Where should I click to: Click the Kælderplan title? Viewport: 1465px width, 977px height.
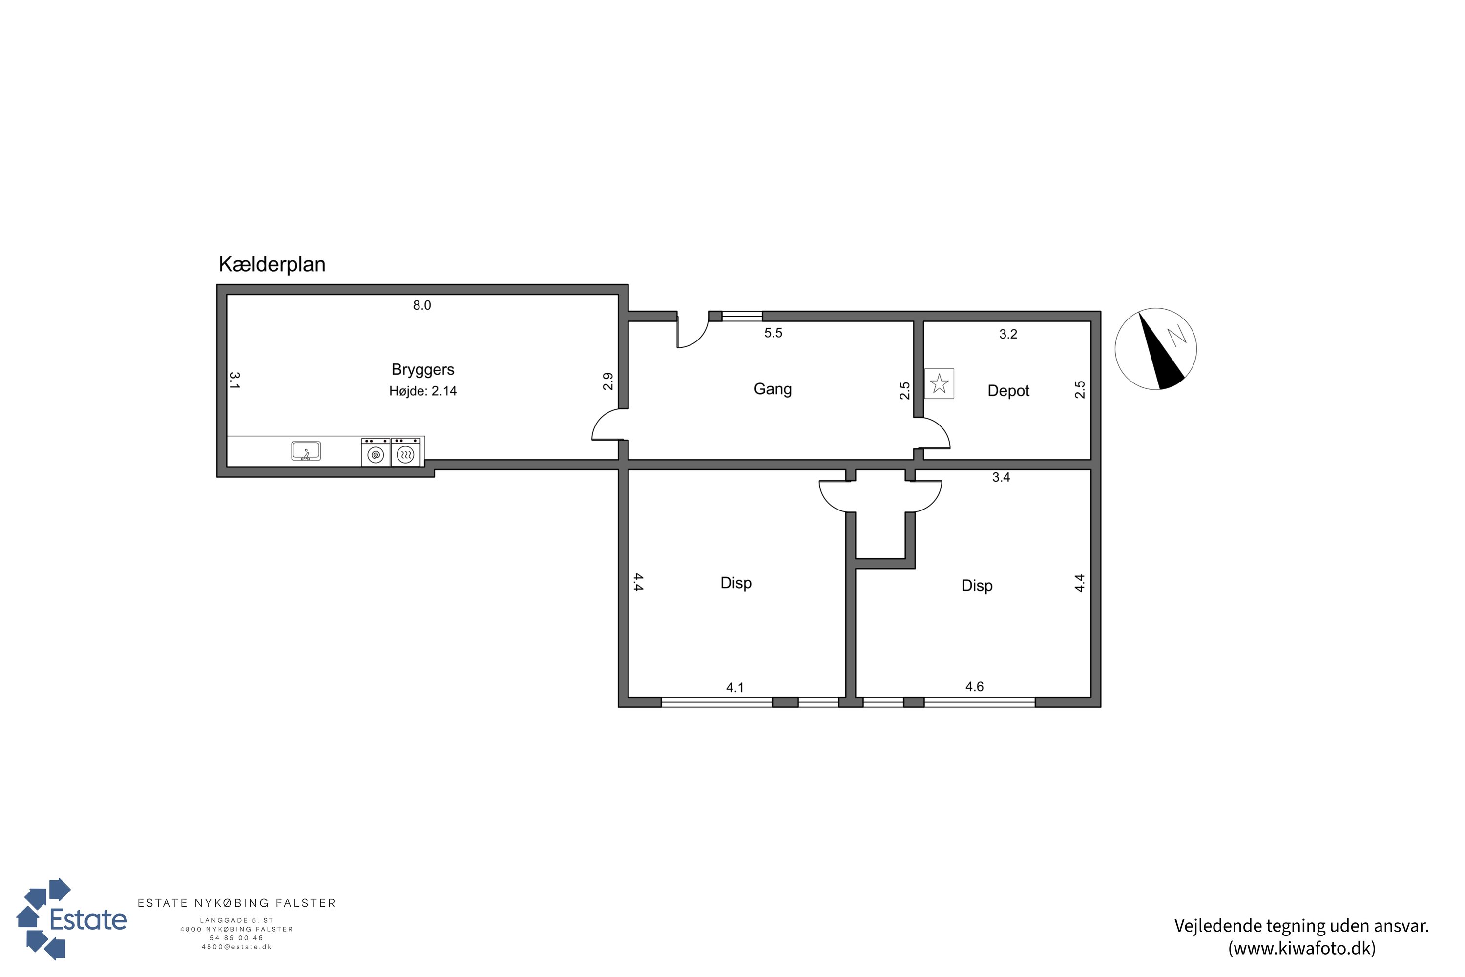click(x=272, y=264)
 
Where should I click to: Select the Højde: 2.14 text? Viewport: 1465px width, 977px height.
click(x=423, y=391)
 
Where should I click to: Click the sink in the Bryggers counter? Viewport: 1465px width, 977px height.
click(x=306, y=450)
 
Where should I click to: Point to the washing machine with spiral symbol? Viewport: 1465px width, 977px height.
click(x=376, y=452)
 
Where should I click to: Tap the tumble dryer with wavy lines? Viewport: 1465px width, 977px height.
click(x=405, y=452)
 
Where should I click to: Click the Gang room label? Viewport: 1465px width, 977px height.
click(x=773, y=389)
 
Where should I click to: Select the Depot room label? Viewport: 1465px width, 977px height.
click(x=1008, y=391)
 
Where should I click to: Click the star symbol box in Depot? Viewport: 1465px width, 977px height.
click(x=939, y=384)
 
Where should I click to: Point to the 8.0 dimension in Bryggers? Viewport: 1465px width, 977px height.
click(x=422, y=305)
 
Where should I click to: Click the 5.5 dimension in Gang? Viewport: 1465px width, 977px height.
click(x=773, y=333)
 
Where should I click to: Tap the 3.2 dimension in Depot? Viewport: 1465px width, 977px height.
click(x=1008, y=335)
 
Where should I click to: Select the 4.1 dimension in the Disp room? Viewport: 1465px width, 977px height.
click(x=735, y=688)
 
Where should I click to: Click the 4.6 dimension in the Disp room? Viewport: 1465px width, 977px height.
click(x=974, y=687)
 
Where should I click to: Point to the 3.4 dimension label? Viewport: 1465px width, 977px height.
click(x=1001, y=478)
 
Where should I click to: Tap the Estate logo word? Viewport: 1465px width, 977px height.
click(x=88, y=920)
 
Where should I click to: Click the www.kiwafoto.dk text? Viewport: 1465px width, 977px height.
click(x=1302, y=948)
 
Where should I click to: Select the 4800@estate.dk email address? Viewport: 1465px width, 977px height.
click(x=237, y=947)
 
